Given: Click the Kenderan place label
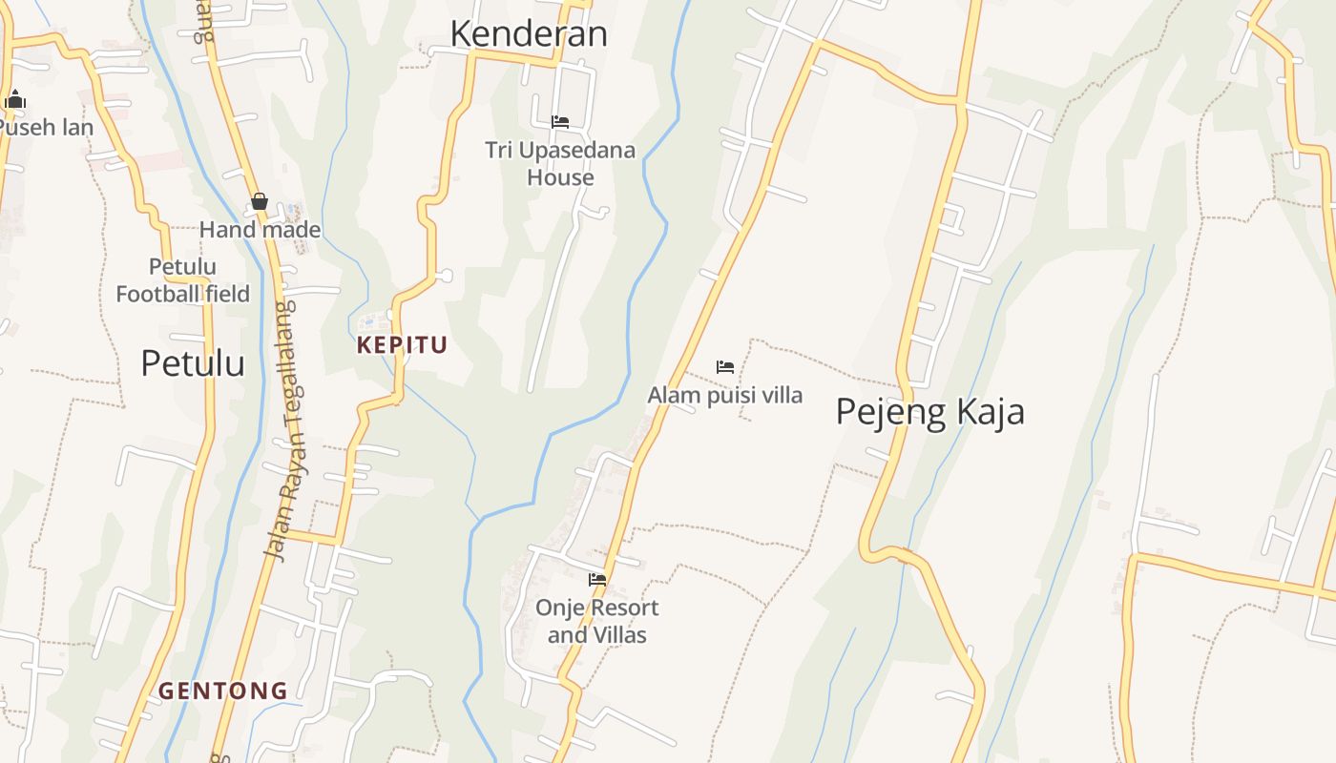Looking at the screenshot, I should tap(529, 33).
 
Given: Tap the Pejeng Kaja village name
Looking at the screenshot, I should tap(929, 411).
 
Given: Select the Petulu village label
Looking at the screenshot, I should tap(193, 363).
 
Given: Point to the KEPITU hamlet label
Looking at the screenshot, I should tap(402, 345).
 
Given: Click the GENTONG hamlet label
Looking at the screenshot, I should tap(223, 691).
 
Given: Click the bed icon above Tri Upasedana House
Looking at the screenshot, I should tap(560, 122).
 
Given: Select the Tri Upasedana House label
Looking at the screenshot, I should tap(560, 163).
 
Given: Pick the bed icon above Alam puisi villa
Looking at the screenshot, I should tap(725, 367).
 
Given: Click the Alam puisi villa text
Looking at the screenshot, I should tap(725, 395).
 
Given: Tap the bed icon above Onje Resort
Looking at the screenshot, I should tap(597, 579).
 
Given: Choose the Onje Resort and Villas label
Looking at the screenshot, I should tap(597, 621).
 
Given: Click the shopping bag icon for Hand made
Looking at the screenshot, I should tap(260, 201).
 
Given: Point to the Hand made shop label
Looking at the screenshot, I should tap(260, 230).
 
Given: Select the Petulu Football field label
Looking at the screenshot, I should tap(182, 280).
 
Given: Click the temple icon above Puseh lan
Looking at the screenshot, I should tap(14, 99).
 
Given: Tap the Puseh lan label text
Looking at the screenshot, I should tap(47, 127).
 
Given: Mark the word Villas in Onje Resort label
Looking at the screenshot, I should tap(619, 635).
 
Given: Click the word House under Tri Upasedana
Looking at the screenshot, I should tap(560, 177).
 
